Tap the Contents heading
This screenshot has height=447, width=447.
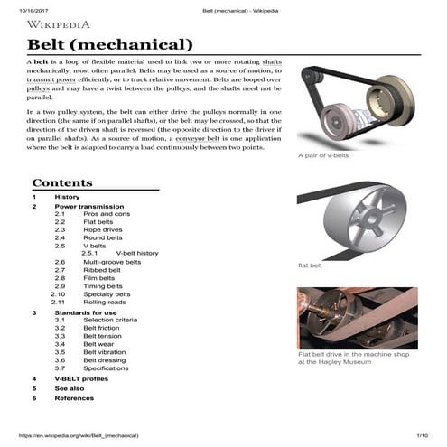pyautogui.click(x=61, y=182)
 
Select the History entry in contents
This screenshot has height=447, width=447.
pyautogui.click(x=67, y=197)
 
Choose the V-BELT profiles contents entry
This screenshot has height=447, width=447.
pyautogui.click(x=88, y=378)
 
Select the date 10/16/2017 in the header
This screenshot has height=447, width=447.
pyautogui.click(x=34, y=8)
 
